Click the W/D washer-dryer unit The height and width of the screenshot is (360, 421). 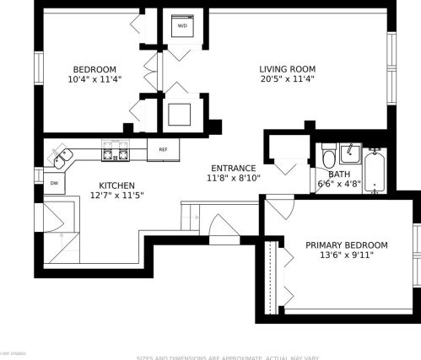(x=183, y=26)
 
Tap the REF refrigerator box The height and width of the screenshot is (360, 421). (x=163, y=149)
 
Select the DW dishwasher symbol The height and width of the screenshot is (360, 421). (x=54, y=182)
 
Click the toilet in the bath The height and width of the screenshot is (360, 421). (x=329, y=157)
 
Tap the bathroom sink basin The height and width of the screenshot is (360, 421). (x=351, y=153)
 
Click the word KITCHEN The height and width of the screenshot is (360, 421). (x=116, y=185)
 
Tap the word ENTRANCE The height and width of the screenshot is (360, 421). (x=235, y=168)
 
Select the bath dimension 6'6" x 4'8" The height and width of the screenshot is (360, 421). (x=339, y=184)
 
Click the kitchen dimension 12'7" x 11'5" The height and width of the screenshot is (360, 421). (x=116, y=196)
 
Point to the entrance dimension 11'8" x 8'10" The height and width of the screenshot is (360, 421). (x=235, y=178)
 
